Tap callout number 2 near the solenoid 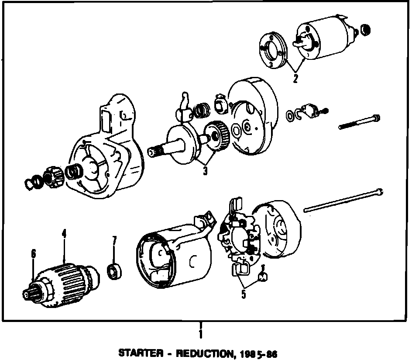tap(295, 79)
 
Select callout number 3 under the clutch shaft tap(205, 170)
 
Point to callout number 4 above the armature tap(64, 234)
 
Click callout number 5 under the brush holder tap(244, 294)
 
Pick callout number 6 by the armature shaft tap(33, 253)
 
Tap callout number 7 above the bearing tap(114, 241)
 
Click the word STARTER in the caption tap(138, 353)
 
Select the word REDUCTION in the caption tap(201, 353)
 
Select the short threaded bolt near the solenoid tap(359, 122)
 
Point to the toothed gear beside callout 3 tap(217, 136)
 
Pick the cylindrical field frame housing tap(175, 258)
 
